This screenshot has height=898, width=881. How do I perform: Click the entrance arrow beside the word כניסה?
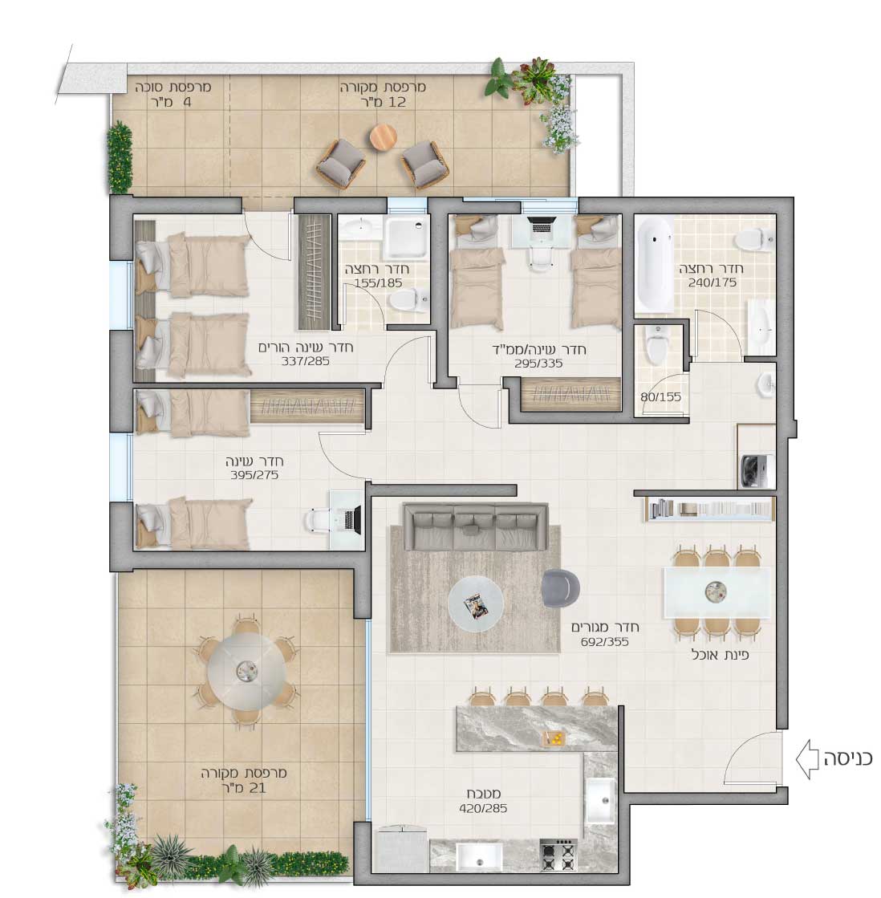[807, 759]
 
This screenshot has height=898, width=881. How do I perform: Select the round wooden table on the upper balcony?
[383, 137]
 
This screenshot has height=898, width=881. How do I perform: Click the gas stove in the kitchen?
[558, 855]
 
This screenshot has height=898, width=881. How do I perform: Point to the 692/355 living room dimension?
[604, 642]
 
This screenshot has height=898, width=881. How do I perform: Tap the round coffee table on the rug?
[475, 603]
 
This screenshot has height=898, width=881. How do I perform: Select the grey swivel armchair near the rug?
[560, 588]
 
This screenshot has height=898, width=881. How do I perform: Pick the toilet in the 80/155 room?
[656, 343]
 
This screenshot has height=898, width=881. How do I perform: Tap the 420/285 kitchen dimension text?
[483, 809]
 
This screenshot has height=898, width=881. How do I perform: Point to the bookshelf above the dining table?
[710, 509]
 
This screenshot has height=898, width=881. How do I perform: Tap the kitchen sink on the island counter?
[600, 799]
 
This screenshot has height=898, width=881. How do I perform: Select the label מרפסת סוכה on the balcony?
[173, 87]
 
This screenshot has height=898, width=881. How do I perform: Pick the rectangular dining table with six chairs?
[717, 593]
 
